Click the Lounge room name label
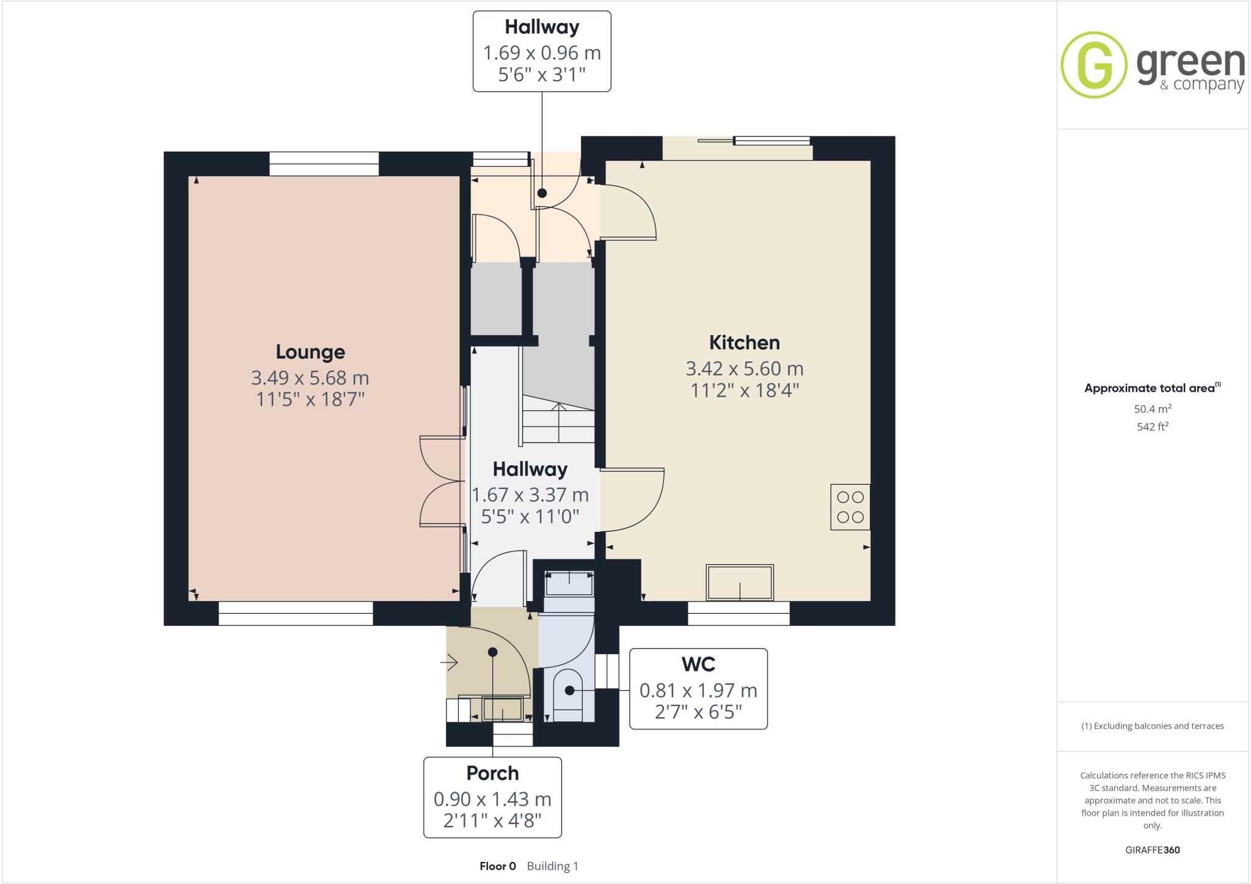click(310, 352)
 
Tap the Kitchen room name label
click(744, 342)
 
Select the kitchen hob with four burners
click(850, 507)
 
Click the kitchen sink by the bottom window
click(739, 582)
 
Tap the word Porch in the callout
click(492, 773)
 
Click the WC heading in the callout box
click(698, 664)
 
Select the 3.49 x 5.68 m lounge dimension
click(310, 378)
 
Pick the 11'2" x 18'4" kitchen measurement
click(744, 390)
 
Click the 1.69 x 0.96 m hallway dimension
click(542, 53)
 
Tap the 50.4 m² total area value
click(1152, 409)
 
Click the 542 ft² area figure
click(1152, 427)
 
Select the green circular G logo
click(1093, 65)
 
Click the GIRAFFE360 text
click(1152, 850)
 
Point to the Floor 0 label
click(497, 866)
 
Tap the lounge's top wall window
click(324, 164)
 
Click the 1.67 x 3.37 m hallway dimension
click(530, 495)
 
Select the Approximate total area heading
click(1151, 388)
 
